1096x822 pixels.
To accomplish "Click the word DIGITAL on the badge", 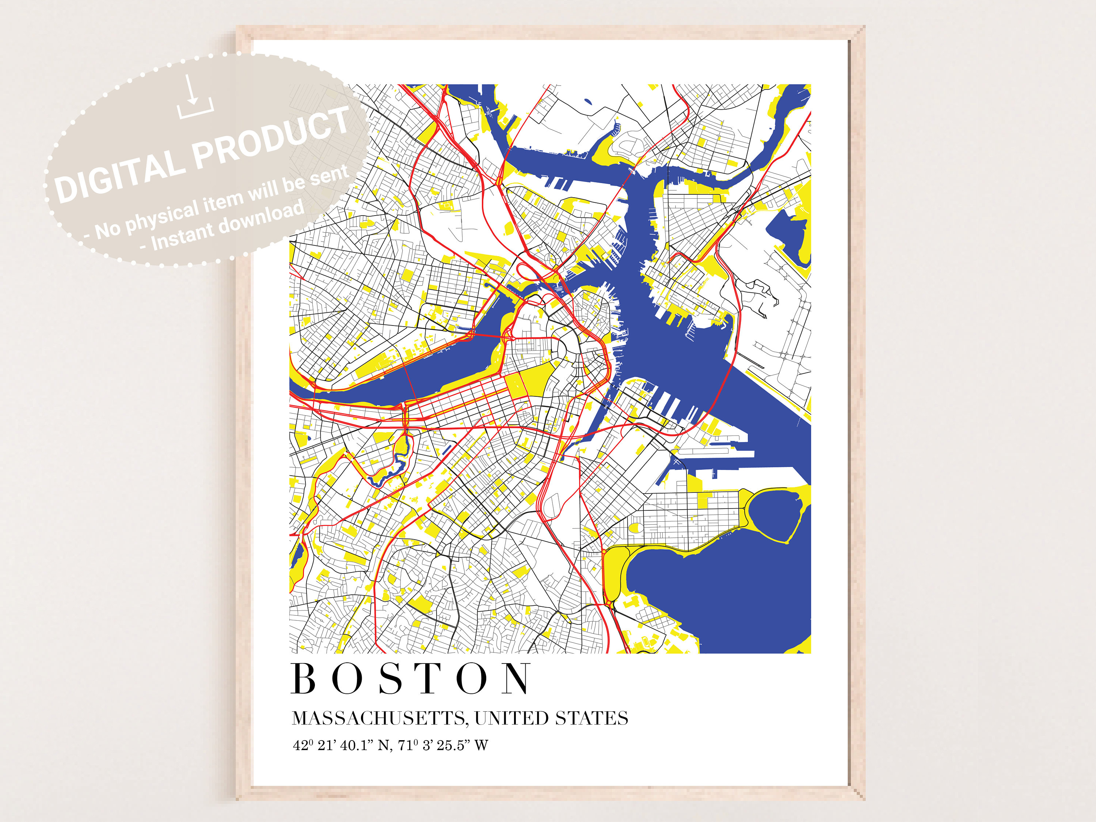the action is pos(118,176).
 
